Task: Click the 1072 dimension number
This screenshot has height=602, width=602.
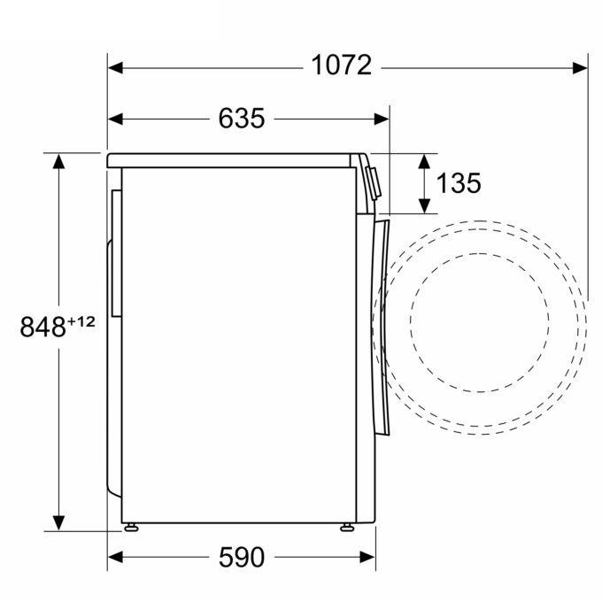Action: (342, 66)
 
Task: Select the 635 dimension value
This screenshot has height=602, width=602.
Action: (242, 118)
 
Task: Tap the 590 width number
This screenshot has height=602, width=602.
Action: (242, 557)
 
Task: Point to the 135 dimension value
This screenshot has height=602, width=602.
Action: (459, 182)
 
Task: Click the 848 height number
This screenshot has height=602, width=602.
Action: (42, 327)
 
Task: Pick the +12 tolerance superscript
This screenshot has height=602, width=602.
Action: (81, 321)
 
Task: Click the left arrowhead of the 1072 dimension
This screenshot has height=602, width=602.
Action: (116, 68)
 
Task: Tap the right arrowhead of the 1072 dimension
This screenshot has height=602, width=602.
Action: (580, 68)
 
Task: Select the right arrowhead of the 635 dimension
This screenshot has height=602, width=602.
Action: (382, 119)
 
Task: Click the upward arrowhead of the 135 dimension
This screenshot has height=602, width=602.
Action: (424, 161)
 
